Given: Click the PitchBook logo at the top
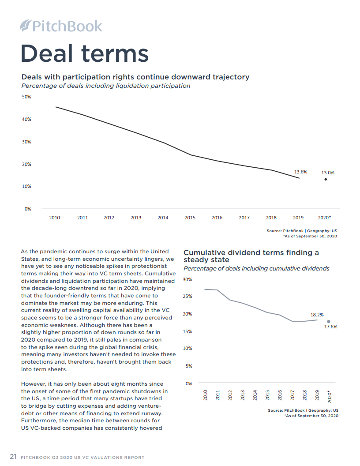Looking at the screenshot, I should point(61,26).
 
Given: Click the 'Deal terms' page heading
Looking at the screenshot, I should point(85,53).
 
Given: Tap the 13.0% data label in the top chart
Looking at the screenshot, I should point(327,173).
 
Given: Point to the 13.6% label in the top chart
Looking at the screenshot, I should point(300,172).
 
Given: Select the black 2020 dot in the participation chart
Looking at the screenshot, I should point(326,179).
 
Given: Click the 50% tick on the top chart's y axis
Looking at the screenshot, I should point(27,97).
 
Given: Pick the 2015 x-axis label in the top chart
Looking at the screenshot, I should point(190,218).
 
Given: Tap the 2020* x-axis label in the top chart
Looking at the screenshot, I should point(325,218).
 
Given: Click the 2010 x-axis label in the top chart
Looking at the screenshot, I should point(55,218).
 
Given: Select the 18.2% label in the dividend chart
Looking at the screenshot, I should point(317,315).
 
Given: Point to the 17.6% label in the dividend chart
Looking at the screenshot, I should point(331,327).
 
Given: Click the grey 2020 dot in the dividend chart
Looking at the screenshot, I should point(329,322).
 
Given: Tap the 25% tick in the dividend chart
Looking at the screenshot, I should point(187,297).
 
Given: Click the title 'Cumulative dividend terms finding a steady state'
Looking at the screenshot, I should point(251,256).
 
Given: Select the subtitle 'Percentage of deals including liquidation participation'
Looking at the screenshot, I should point(106,86).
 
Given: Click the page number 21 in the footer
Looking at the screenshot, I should point(13,457).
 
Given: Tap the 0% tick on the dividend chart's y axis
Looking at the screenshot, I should point(189,383).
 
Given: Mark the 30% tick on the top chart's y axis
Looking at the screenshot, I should point(27,142).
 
